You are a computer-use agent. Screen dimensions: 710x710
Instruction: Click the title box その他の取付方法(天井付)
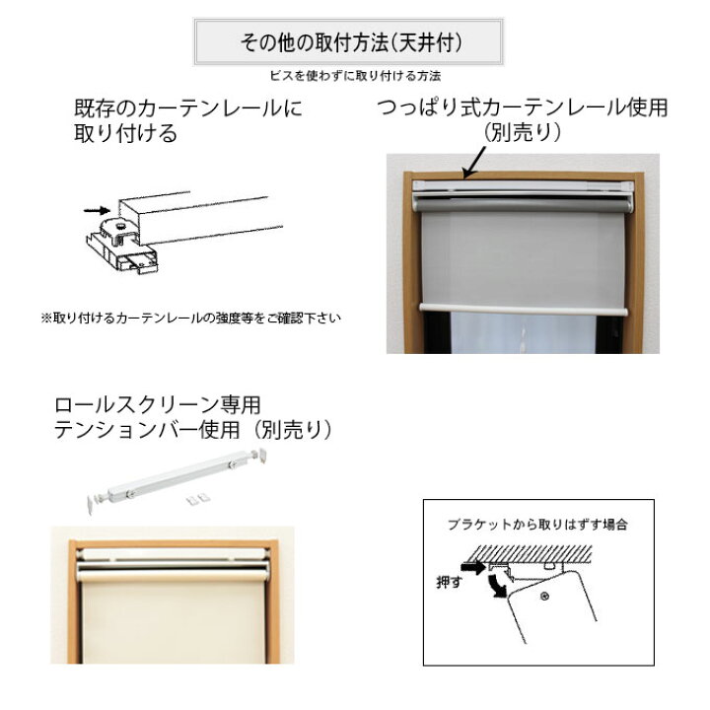click(x=348, y=43)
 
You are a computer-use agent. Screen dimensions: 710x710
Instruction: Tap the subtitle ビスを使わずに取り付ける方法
click(x=354, y=76)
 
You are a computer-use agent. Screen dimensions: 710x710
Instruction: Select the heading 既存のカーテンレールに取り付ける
click(x=187, y=120)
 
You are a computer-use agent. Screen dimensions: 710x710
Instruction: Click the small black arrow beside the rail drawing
click(x=97, y=209)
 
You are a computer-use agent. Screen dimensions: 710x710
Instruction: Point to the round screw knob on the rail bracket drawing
click(x=118, y=226)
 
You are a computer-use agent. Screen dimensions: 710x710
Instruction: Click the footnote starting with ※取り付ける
click(x=195, y=319)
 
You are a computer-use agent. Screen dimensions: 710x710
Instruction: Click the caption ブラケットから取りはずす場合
click(x=537, y=526)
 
